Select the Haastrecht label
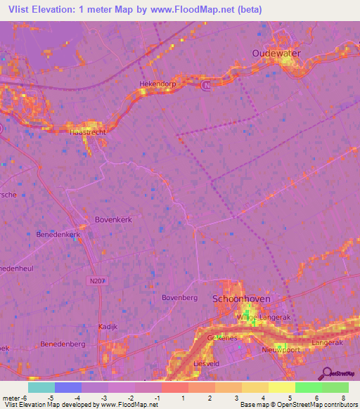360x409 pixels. [x=88, y=131]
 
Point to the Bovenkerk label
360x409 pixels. [x=113, y=219]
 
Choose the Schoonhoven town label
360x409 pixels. [x=241, y=299]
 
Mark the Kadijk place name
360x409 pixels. [x=107, y=327]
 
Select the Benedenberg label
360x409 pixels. [x=63, y=344]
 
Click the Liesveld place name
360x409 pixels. [x=207, y=363]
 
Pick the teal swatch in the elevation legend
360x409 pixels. [x=41, y=387]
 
